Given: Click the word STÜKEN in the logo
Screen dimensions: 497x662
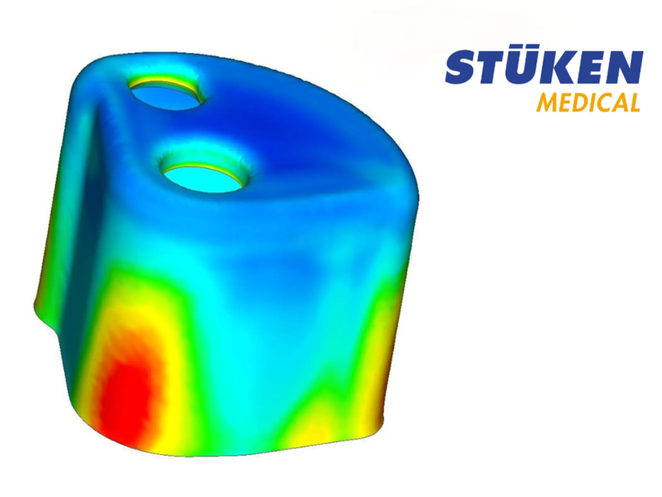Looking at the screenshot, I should (544, 68).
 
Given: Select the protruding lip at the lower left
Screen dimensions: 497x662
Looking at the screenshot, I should (47, 317).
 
